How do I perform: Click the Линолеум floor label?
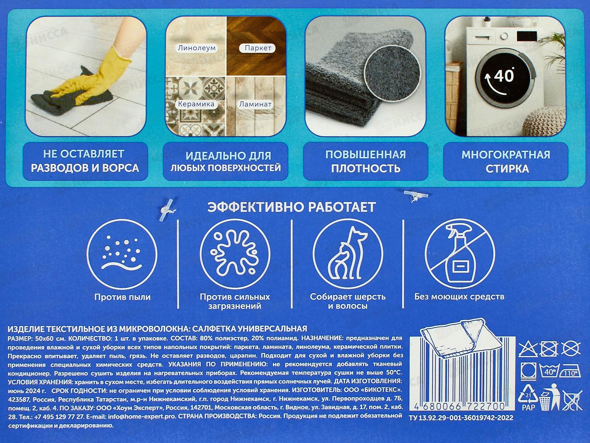coord(197,48)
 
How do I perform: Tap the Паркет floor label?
coord(258,48)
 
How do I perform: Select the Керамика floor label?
coord(196,104)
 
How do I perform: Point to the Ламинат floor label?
coord(255,104)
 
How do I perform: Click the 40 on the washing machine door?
coord(504,76)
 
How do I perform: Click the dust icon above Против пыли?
coord(122,254)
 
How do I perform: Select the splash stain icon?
coord(235,254)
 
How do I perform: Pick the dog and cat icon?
coord(348,254)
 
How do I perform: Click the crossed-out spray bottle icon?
coord(460,254)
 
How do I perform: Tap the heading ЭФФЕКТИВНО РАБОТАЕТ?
coord(291,207)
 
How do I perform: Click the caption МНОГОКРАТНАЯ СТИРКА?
coord(506,161)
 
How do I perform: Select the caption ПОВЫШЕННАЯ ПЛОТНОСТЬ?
coord(365,161)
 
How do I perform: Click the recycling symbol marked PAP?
coord(528,397)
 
